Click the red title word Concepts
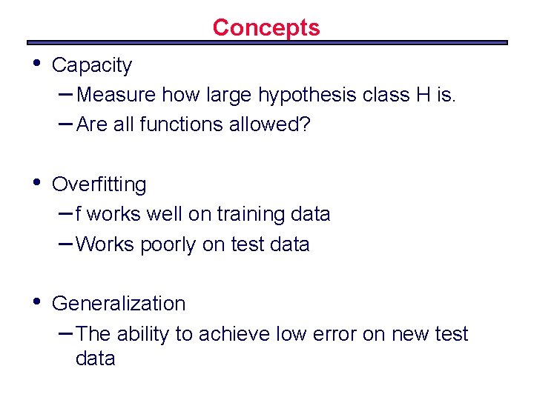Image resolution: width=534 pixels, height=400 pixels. click(266, 27)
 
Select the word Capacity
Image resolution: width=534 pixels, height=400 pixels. click(92, 66)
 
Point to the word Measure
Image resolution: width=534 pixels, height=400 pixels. click(116, 95)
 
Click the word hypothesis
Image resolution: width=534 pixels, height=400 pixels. click(300, 95)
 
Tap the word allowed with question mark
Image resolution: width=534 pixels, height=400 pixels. click(274, 124)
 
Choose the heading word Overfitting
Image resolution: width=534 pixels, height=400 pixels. click(99, 184)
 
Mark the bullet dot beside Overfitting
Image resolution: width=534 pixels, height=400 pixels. click(33, 181)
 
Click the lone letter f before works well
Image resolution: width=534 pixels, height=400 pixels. click(79, 214)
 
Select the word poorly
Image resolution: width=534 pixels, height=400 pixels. click(170, 244)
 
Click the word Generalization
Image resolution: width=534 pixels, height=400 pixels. click(119, 304)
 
